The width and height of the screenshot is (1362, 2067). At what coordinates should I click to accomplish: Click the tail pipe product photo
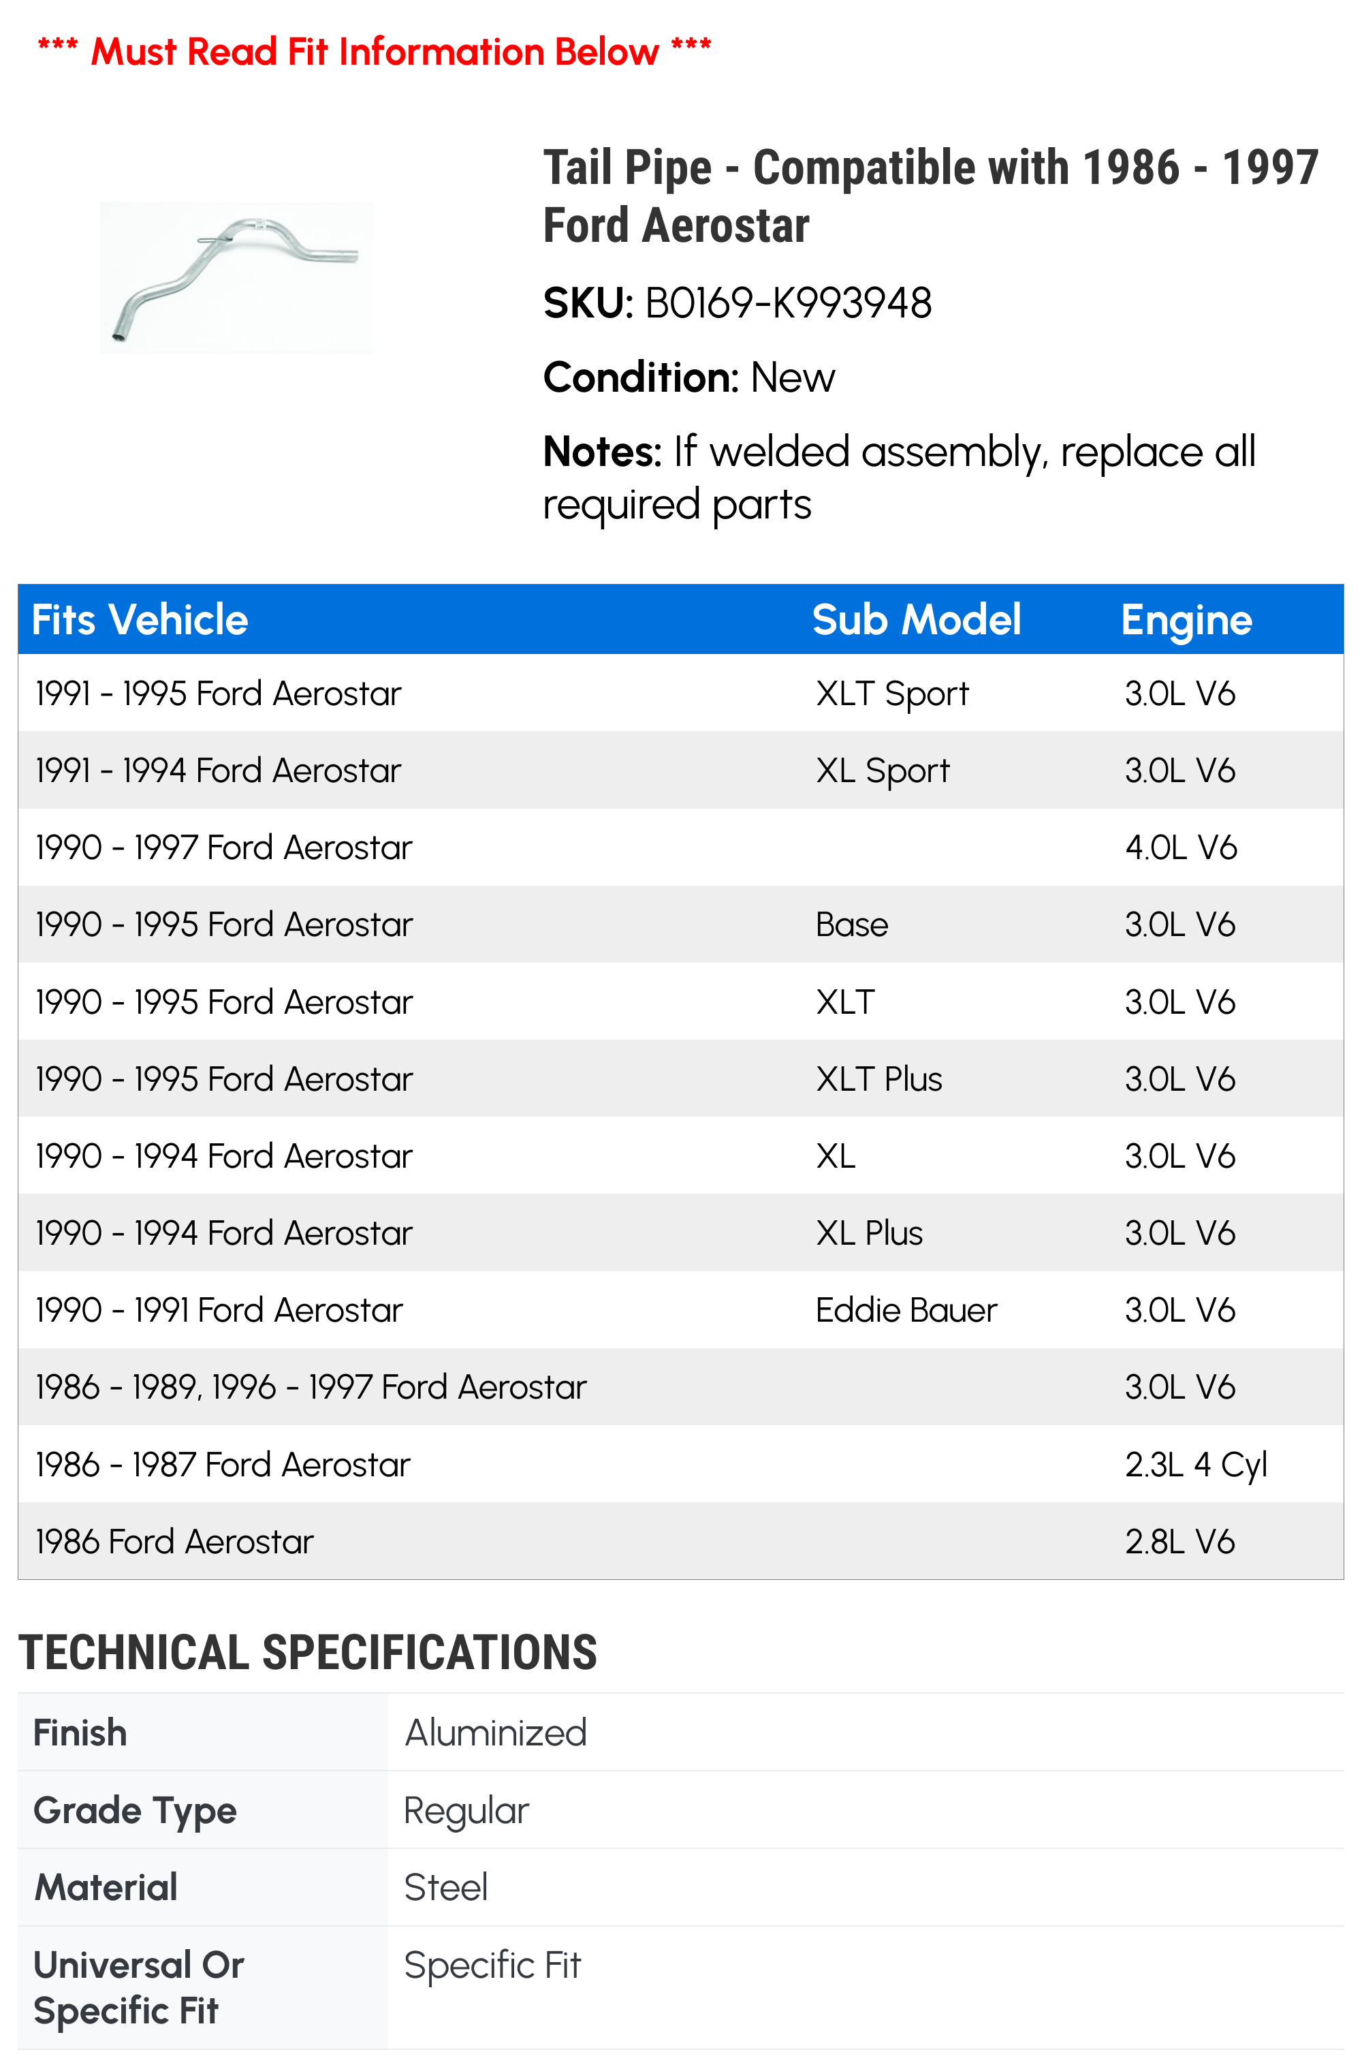click(x=236, y=277)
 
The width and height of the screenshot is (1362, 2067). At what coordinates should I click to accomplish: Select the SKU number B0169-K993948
click(x=788, y=303)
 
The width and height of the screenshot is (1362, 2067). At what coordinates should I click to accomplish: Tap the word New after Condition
click(x=792, y=378)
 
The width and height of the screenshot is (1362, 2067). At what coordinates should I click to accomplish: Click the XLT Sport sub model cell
click(x=891, y=694)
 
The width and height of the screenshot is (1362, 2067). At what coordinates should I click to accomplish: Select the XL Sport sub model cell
click(x=882, y=771)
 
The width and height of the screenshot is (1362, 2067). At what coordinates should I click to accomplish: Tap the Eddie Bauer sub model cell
click(x=906, y=1310)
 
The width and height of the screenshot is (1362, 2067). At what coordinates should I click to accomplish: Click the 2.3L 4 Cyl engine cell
click(x=1195, y=1465)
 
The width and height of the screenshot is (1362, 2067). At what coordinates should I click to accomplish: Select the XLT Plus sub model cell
click(x=878, y=1079)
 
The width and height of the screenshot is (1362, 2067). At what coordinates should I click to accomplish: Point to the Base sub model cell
click(x=851, y=925)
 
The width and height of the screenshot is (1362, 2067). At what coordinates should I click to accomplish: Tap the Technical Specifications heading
click(x=308, y=1653)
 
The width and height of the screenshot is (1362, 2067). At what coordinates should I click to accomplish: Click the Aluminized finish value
click(x=496, y=1733)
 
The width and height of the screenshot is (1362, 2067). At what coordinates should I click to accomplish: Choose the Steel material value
click(x=445, y=1888)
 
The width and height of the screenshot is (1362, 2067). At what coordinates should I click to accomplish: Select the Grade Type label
click(x=135, y=1811)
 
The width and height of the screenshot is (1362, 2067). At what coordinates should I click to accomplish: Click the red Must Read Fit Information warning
click(x=375, y=51)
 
